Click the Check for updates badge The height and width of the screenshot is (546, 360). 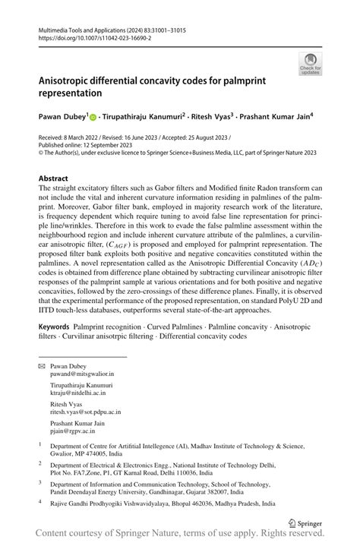coord(309,64)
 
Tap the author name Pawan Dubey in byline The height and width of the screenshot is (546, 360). coord(62,118)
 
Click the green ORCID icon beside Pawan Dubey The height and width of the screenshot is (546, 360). coord(93,118)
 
